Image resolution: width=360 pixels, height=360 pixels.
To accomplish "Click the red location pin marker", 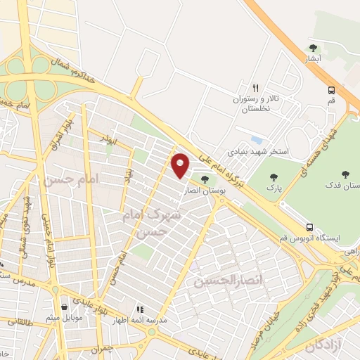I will click(181, 165).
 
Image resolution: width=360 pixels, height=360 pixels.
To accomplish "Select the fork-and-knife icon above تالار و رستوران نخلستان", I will click(256, 89).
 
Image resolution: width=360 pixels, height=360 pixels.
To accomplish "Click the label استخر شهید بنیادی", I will click(259, 151).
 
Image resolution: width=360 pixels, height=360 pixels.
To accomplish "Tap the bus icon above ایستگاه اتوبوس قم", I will click(309, 227).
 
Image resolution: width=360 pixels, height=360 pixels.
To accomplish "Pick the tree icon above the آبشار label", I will click(313, 48).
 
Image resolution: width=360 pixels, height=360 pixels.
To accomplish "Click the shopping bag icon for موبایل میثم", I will click(65, 307).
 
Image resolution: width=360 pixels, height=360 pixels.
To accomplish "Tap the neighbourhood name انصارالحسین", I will click(221, 281).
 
